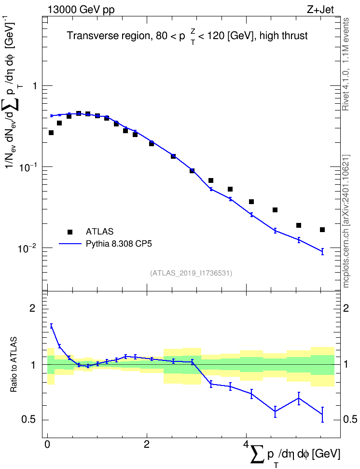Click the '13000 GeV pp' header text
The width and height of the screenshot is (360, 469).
click(81, 10)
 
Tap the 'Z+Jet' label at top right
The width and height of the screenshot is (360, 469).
click(320, 10)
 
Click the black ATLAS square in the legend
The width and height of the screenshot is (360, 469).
click(70, 232)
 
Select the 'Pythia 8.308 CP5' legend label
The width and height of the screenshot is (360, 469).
click(119, 244)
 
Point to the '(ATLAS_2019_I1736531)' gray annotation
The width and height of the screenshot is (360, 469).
click(191, 273)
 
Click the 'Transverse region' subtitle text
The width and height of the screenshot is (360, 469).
click(108, 36)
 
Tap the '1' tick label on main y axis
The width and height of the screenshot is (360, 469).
click(34, 86)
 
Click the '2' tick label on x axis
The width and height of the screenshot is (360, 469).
click(147, 444)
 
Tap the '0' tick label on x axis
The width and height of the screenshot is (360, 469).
click(47, 444)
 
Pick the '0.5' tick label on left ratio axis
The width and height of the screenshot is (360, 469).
click(29, 420)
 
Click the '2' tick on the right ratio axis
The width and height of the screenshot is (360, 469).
click(346, 308)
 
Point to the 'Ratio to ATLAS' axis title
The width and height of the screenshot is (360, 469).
click(14, 364)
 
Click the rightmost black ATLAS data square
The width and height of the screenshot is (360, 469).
click(322, 230)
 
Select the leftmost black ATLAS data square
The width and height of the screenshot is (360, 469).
click(51, 133)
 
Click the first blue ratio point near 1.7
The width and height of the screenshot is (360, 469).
click(51, 326)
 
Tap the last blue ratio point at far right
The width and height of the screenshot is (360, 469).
click(322, 414)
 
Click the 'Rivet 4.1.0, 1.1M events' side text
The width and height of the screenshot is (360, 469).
click(346, 64)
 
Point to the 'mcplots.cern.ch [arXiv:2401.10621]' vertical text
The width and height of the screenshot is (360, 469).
click(346, 221)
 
